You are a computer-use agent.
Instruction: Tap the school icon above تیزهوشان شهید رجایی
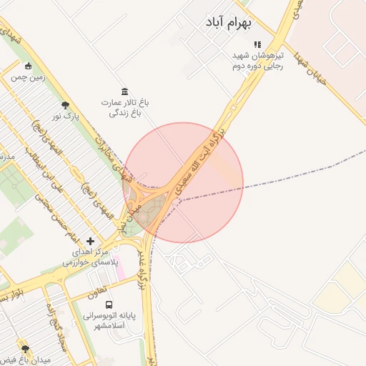coord(257,44)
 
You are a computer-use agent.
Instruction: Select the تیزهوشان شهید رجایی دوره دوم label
coord(257,60)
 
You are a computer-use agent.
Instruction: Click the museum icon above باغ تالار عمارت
coord(125,91)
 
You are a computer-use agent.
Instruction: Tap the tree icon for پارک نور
coord(66,104)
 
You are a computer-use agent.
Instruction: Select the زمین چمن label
coord(28,76)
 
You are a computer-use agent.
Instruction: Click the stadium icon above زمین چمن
coord(28,66)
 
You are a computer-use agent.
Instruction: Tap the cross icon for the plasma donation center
coord(90,241)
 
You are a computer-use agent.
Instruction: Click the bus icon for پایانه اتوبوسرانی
coord(109,303)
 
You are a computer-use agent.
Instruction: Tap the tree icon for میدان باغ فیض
coord(26,350)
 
